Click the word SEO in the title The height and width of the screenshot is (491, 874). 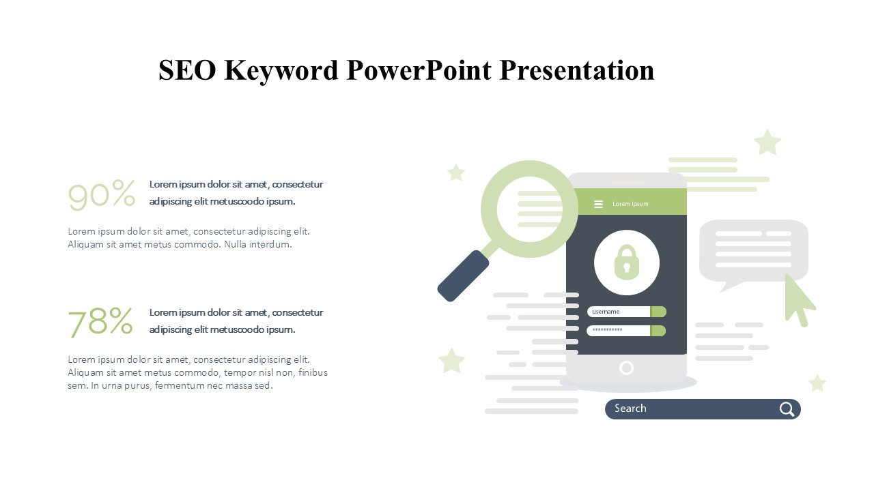pyautogui.click(x=187, y=70)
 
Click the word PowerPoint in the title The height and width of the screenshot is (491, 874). pyautogui.click(x=419, y=70)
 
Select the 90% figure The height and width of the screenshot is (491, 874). pyautogui.click(x=102, y=195)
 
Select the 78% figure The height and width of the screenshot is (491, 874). pyautogui.click(x=100, y=322)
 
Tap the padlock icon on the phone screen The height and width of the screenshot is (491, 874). pyautogui.click(x=627, y=263)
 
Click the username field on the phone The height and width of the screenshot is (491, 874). pyautogui.click(x=627, y=312)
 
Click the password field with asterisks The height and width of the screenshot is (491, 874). pyautogui.click(x=626, y=331)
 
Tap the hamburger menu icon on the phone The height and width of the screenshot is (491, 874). pyautogui.click(x=598, y=204)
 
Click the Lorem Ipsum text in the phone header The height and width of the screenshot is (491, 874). pyautogui.click(x=630, y=204)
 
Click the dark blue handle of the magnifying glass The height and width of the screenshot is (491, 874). pyautogui.click(x=463, y=276)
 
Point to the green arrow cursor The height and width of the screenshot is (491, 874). pyautogui.click(x=799, y=300)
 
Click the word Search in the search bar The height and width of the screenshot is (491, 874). pyautogui.click(x=630, y=408)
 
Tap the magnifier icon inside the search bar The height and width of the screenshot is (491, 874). pyautogui.click(x=787, y=409)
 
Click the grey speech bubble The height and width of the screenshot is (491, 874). pyautogui.click(x=753, y=252)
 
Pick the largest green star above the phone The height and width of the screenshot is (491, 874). pyautogui.click(x=767, y=143)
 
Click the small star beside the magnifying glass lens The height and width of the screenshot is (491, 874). pyautogui.click(x=456, y=173)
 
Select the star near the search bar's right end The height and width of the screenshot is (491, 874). pyautogui.click(x=817, y=383)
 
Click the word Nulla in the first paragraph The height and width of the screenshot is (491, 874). pyautogui.click(x=235, y=244)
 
